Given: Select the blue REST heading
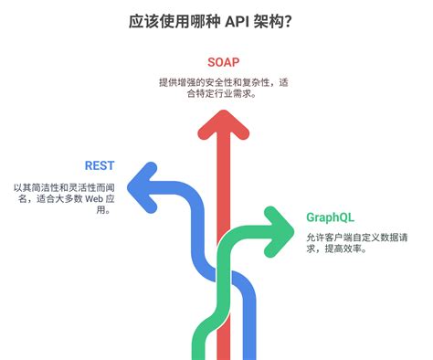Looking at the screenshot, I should click(x=100, y=165).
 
